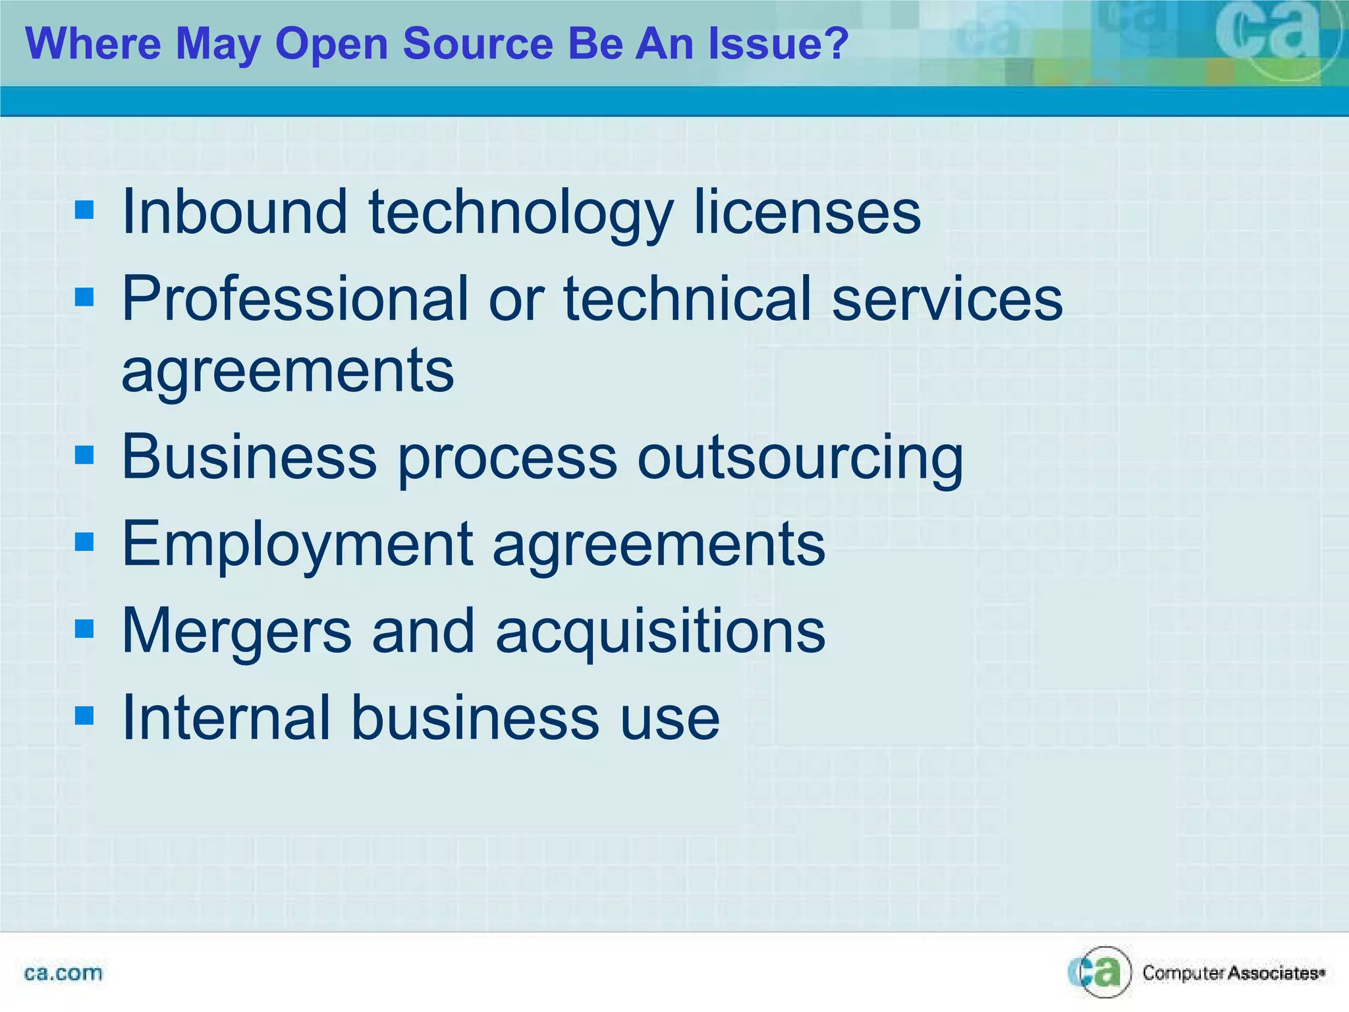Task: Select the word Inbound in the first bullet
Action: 234,211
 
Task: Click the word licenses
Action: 808,211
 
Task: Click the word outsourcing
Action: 800,457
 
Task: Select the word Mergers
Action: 237,631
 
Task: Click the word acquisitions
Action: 660,631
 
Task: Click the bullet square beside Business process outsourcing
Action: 85,455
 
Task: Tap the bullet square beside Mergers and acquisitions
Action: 85,629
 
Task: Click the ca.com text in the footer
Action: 63,973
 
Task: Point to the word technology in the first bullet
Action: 520,211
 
